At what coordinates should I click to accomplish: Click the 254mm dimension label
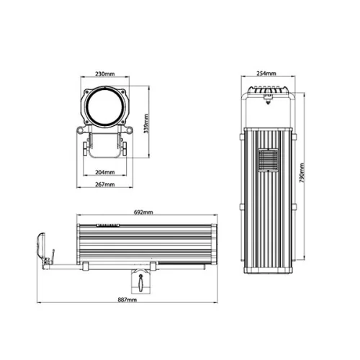pyautogui.click(x=266, y=74)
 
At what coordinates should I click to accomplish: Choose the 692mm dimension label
pyautogui.click(x=143, y=214)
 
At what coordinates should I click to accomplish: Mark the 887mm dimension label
pyautogui.click(x=126, y=300)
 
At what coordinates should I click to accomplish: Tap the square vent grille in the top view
pyautogui.click(x=267, y=161)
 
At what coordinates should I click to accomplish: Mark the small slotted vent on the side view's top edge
pyautogui.click(x=107, y=225)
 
